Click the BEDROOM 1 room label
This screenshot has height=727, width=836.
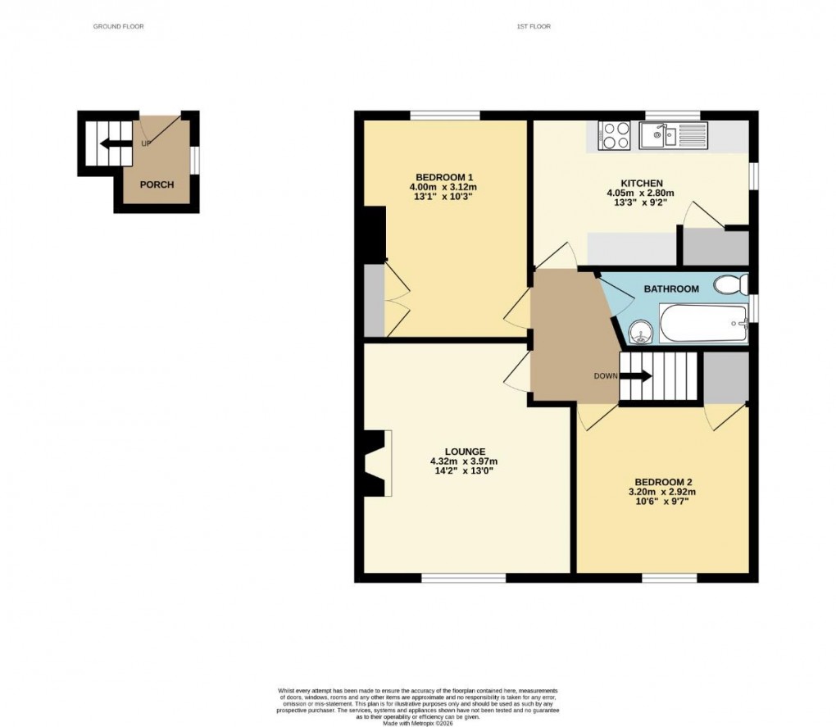tap(444, 178)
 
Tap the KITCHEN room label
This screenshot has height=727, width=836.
tap(641, 183)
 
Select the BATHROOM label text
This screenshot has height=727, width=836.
tap(671, 289)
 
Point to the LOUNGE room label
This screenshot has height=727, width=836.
tap(465, 452)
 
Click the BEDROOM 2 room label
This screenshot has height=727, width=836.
tap(661, 482)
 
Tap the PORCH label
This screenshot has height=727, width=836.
tap(157, 184)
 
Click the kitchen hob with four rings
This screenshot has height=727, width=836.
tap(614, 136)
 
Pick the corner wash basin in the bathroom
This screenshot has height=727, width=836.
tap(641, 332)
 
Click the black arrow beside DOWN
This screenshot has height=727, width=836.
tap(635, 376)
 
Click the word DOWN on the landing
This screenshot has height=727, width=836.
tap(605, 376)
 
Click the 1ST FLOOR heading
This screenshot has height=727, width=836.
tap(534, 27)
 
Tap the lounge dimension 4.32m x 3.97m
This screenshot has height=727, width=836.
tap(464, 461)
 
